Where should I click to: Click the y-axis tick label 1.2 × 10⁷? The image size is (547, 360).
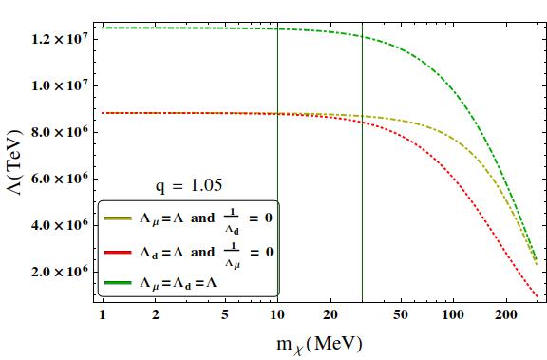point(58,39)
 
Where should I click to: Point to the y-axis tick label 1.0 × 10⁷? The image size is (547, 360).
point(58,85)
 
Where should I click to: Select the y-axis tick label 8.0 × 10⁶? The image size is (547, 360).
point(58,132)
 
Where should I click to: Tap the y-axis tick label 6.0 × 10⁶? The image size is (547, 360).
point(58,179)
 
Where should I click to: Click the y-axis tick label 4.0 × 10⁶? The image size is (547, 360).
point(58,225)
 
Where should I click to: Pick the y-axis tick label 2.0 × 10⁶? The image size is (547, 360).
point(58,272)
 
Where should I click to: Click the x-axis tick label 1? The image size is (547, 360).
point(103,315)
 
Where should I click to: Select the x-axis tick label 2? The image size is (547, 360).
point(155,315)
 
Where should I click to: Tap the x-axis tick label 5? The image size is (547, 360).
point(225,315)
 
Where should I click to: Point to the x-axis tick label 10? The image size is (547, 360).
point(277,315)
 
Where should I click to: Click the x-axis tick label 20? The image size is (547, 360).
point(330,315)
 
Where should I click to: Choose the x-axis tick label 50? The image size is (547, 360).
point(401,315)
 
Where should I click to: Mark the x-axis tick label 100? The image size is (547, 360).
point(453,315)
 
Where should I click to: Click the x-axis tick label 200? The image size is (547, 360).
point(506,315)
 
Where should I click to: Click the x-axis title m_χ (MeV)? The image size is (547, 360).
point(319,345)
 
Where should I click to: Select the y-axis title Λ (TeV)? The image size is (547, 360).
point(14,162)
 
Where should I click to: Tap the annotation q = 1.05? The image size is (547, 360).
point(189,185)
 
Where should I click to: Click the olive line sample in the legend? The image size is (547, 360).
point(118,218)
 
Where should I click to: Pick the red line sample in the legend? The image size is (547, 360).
point(118,253)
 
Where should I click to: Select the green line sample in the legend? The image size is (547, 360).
point(118,282)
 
